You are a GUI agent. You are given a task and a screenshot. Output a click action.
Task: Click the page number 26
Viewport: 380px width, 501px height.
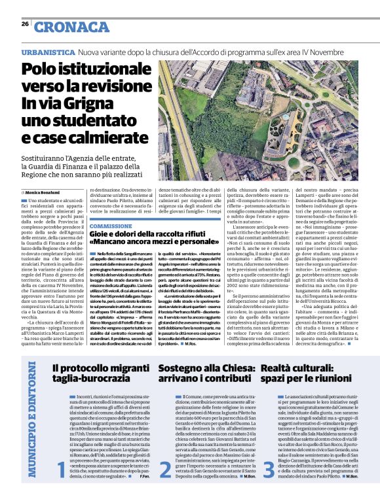pos(24,24)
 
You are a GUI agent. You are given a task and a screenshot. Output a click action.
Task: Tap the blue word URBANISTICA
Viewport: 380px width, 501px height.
pos(48,52)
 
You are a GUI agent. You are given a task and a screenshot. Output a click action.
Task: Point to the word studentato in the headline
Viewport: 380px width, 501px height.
pos(79,122)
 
